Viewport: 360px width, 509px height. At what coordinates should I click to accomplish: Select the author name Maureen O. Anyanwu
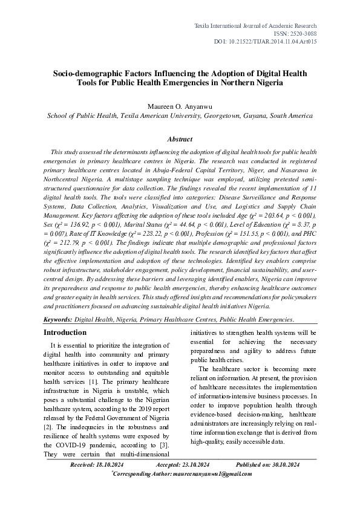[180, 106]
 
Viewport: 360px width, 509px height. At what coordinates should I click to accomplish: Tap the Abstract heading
[180, 139]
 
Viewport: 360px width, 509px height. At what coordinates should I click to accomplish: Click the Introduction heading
[65, 332]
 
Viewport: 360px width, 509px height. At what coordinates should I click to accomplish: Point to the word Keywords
[58, 319]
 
